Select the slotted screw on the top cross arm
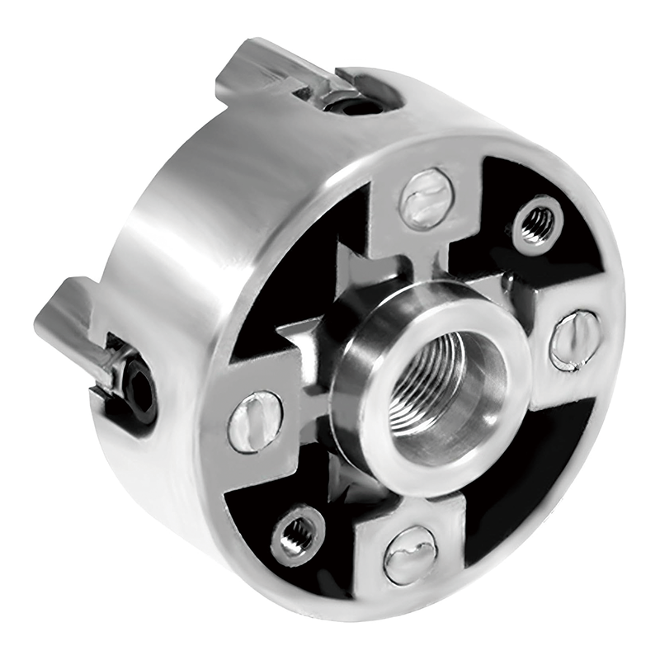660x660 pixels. (x=427, y=199)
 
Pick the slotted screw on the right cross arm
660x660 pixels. (x=575, y=339)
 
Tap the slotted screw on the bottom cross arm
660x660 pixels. (x=410, y=554)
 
